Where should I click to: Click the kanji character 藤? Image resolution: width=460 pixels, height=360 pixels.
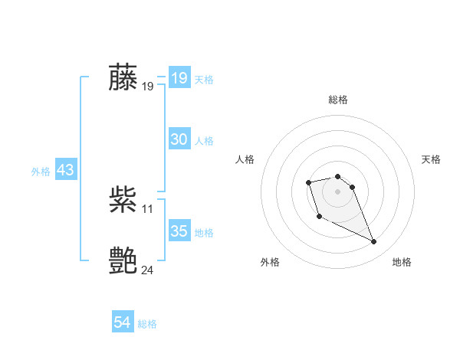[123, 77]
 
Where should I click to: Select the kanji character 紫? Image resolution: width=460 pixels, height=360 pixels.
[123, 200]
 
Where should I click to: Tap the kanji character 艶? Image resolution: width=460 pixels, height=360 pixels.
[123, 261]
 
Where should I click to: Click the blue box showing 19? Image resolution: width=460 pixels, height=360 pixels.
[179, 78]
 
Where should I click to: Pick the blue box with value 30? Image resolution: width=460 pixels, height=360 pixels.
[179, 139]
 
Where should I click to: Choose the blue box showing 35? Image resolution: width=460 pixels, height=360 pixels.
[179, 231]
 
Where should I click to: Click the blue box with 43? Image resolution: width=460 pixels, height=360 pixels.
[65, 170]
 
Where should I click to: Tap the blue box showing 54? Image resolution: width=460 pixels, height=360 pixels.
[122, 322]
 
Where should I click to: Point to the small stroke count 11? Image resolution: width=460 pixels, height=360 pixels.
[148, 209]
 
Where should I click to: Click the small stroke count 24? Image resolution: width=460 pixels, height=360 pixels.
[148, 270]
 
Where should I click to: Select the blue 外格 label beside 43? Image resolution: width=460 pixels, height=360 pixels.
[41, 172]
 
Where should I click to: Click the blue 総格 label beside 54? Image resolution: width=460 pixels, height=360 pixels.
[147, 324]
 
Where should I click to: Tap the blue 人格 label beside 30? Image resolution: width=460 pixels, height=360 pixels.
[204, 141]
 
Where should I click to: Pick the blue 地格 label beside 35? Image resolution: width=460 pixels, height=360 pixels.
[204, 233]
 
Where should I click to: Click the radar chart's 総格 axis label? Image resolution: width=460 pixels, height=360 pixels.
[337, 100]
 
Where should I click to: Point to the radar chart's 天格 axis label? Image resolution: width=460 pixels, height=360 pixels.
[432, 159]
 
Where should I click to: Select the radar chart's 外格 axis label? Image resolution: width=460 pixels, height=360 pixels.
[270, 262]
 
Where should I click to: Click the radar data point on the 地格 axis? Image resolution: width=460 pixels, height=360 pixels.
[373, 242]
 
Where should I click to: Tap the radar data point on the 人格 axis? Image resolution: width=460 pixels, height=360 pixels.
[308, 182]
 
